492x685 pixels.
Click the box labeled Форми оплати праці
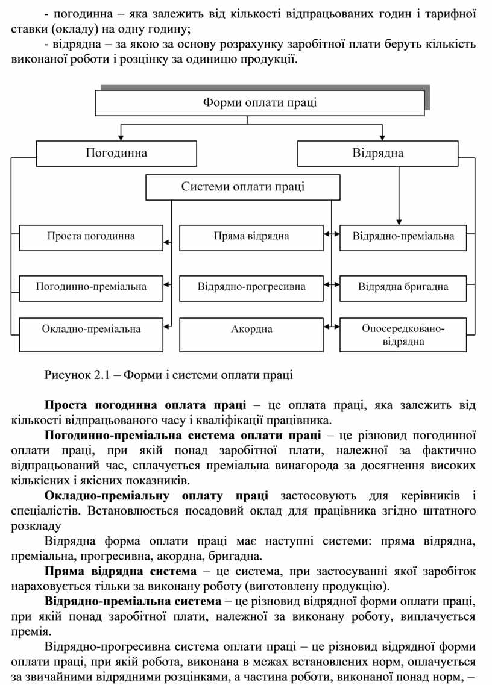coord(260,102)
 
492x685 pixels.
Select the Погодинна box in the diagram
coord(116,153)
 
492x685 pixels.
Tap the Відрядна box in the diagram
coord(378,153)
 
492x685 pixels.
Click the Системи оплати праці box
coord(243,187)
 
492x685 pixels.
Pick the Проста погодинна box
coord(91,237)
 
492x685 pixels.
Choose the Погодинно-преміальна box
coord(91,287)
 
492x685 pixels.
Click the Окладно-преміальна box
coord(91,329)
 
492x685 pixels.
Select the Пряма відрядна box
coord(251,237)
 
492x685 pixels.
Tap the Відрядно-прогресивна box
coord(251,287)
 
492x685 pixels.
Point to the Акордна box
coord(251,329)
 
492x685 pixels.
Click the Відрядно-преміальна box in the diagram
coord(403,237)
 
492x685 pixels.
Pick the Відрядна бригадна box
coord(403,287)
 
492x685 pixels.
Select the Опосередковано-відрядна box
coord(403,335)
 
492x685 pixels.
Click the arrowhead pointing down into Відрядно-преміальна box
coord(399,222)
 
